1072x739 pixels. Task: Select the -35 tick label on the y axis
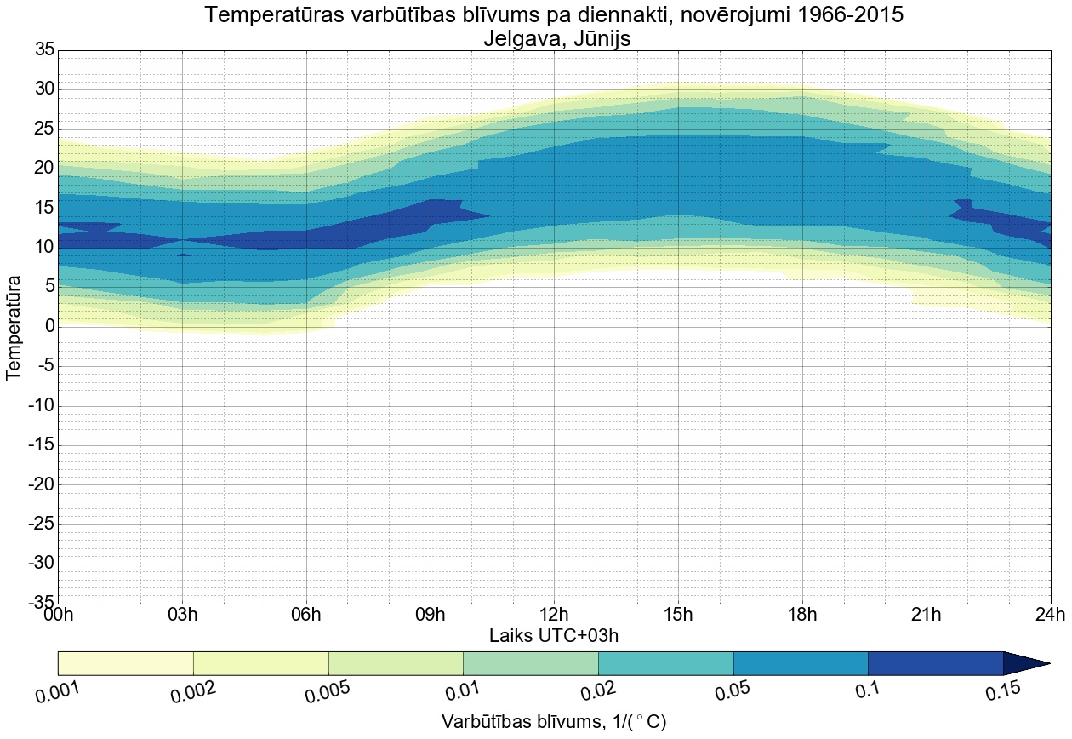[x=39, y=603]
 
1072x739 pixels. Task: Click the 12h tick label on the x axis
[x=554, y=616]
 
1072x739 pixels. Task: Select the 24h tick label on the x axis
[x=1050, y=616]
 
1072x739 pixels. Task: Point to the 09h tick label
[x=430, y=616]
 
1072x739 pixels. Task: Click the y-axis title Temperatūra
[x=14, y=326]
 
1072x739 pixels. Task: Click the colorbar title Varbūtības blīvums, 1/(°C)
[x=554, y=722]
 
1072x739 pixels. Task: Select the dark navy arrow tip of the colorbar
[x=1024, y=663]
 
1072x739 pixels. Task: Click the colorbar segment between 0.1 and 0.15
[x=935, y=663]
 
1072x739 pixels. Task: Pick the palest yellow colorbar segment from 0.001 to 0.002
[x=125, y=663]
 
